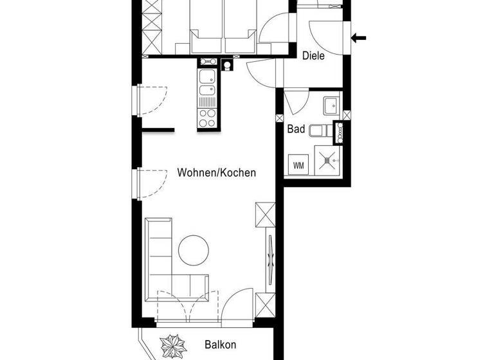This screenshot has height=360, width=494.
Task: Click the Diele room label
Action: (313, 56)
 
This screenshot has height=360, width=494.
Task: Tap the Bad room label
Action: (296, 129)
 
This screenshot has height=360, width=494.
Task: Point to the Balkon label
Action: (221, 345)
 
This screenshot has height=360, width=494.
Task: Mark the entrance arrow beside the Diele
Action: (358, 38)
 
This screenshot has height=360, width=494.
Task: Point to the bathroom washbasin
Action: (331, 104)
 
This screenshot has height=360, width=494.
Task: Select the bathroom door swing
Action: (295, 102)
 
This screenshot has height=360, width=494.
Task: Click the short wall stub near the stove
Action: (158, 130)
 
